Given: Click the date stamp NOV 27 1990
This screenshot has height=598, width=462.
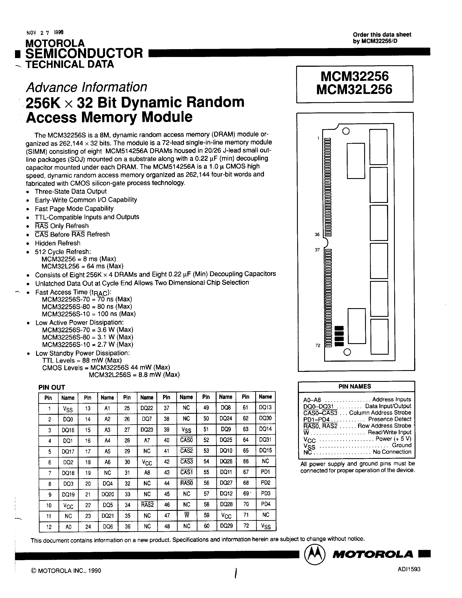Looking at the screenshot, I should [45, 33].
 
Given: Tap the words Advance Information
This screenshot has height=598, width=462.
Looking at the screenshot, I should [87, 87].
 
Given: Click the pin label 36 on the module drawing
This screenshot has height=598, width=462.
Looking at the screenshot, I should [317, 234].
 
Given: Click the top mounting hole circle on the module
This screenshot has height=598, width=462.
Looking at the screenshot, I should [346, 131].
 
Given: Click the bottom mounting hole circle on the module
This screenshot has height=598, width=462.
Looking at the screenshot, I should [347, 352].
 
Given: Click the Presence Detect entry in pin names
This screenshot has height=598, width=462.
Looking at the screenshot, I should [389, 419].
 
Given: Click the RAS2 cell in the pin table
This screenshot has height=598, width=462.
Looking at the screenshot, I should [147, 505].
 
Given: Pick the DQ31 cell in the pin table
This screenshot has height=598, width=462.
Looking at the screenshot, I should [265, 440].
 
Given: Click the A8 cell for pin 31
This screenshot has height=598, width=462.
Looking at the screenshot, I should [147, 472].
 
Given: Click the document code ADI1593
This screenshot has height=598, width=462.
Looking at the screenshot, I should [409, 569].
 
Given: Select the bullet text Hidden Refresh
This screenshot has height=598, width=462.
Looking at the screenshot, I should [57, 243].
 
